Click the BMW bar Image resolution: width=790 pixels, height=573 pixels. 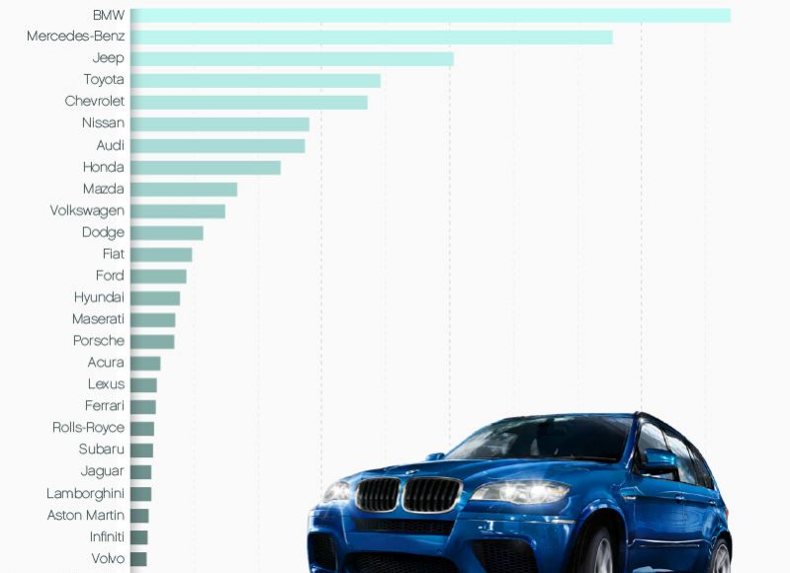[x=430, y=15]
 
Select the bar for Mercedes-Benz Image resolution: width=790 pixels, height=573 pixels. [x=371, y=37]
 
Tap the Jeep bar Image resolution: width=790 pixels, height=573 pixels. [x=292, y=58]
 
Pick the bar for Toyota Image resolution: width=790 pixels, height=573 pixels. [x=255, y=80]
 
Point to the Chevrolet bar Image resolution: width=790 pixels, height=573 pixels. [x=248, y=102]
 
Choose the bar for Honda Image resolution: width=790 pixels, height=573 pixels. [x=206, y=167]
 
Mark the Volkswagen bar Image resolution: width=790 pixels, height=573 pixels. [x=178, y=210]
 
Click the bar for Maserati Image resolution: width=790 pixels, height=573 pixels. [x=153, y=320]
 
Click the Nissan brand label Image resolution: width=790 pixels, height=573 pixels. [x=103, y=123]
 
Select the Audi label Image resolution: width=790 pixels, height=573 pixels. [x=110, y=145]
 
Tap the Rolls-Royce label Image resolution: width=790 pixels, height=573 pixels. [x=88, y=428]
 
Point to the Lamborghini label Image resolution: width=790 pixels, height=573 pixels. [x=85, y=493]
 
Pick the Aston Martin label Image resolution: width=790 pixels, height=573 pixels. [x=85, y=515]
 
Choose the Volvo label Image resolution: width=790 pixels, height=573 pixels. [x=108, y=558]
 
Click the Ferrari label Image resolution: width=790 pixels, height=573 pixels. [x=105, y=406]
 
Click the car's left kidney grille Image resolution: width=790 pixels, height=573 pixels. [x=378, y=494]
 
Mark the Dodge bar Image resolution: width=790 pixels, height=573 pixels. [x=167, y=233]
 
